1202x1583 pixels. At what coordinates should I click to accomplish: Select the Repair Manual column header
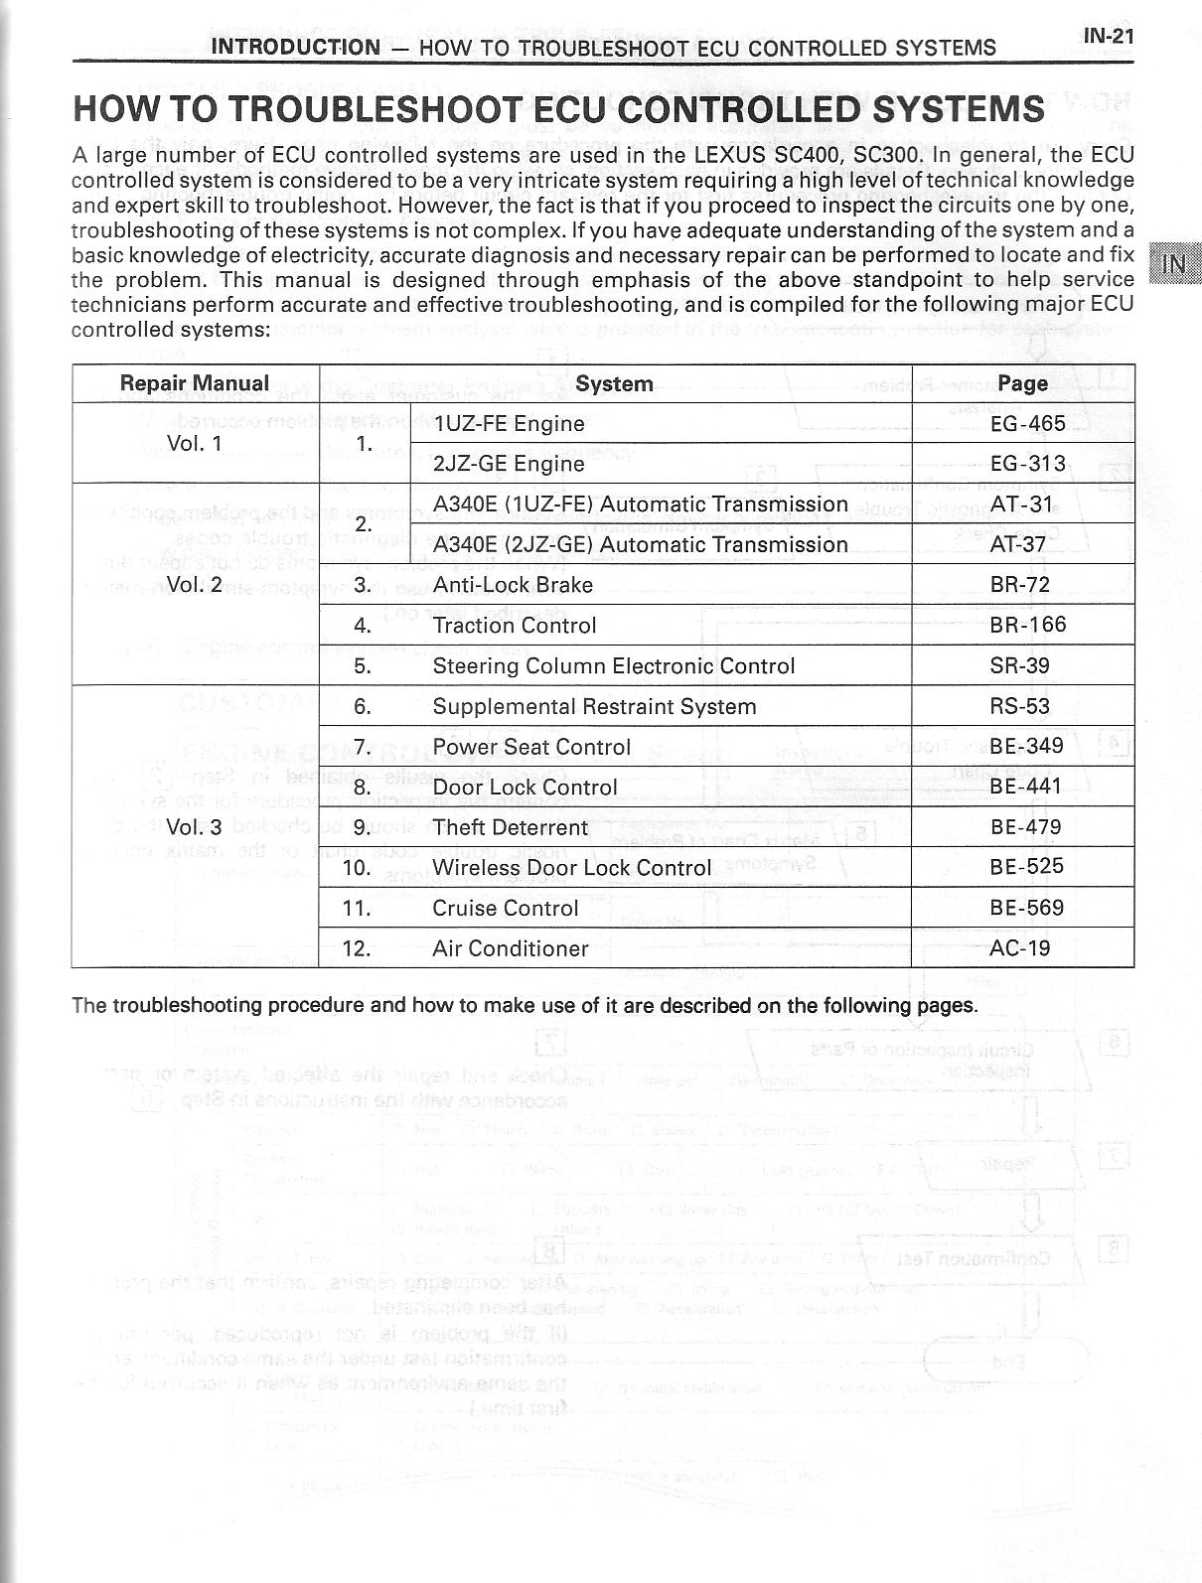point(195,383)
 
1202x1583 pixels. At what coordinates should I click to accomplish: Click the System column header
point(614,384)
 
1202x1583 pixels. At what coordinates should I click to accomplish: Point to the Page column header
point(1022,383)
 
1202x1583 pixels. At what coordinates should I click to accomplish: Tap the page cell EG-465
point(1027,424)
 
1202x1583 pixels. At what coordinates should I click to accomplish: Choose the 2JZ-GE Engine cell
point(510,464)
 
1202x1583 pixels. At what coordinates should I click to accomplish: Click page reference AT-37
point(1019,544)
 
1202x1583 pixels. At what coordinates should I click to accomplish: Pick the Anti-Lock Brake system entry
point(513,585)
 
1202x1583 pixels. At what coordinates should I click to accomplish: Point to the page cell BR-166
point(1027,625)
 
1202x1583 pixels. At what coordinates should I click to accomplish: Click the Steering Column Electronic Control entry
point(614,666)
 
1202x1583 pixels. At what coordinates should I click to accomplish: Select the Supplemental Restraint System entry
point(594,707)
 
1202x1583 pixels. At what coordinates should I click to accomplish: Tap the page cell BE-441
point(1026,787)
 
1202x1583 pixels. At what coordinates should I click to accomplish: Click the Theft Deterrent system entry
point(511,827)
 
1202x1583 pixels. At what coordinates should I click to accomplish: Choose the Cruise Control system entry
point(506,908)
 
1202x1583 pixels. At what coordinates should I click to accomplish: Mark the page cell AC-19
point(1019,947)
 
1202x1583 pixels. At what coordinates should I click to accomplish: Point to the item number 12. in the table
point(357,948)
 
